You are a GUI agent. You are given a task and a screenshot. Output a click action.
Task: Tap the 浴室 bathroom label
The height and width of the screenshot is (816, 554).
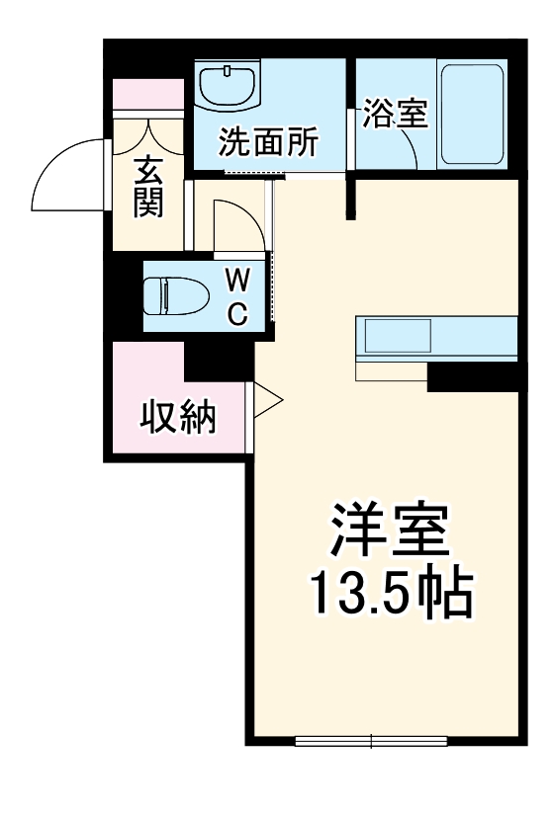(395, 115)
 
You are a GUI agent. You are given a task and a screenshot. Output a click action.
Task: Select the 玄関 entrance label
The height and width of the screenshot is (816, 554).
(148, 187)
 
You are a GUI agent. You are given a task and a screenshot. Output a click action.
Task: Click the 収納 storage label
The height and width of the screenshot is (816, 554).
(176, 419)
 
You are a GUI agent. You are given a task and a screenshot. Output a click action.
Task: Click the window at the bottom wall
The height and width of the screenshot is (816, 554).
(372, 740)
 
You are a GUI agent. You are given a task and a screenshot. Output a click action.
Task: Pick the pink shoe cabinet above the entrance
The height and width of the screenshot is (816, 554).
(148, 96)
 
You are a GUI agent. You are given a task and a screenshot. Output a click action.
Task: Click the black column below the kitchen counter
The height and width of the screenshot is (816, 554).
(473, 376)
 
